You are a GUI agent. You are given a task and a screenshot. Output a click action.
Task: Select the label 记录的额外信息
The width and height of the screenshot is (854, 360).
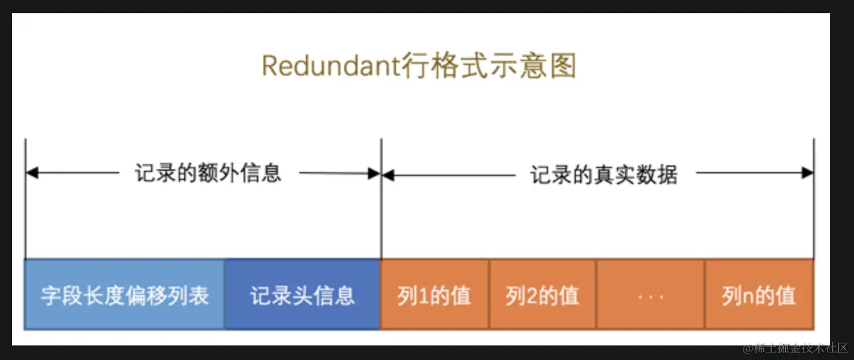point(209,173)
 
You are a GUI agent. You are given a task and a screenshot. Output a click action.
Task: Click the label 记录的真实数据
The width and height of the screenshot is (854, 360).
point(604,175)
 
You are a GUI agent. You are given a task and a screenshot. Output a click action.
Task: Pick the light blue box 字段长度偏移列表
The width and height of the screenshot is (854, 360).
point(124,295)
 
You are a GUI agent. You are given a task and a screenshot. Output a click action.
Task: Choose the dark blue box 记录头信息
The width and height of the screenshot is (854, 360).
point(303,295)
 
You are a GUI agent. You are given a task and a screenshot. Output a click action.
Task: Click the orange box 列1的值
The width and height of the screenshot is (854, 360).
point(434,295)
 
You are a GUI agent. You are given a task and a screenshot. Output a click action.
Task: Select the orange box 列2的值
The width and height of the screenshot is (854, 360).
point(542,295)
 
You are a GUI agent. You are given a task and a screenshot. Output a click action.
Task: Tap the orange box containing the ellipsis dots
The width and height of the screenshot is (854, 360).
point(650,295)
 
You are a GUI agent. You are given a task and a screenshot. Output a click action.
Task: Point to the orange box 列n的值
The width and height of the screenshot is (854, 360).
point(759,295)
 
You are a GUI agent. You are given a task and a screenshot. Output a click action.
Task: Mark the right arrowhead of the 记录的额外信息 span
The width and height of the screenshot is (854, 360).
point(375,174)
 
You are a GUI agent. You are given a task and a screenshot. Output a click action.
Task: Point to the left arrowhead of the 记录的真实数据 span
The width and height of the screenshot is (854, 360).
point(388,175)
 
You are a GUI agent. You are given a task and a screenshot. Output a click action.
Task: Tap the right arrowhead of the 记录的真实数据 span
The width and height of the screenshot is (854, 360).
point(808,173)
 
